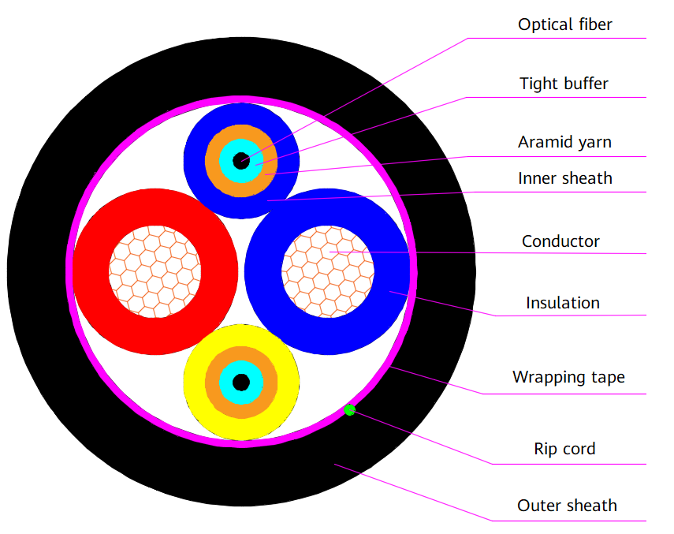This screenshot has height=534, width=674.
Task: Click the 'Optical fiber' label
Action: [x=564, y=24]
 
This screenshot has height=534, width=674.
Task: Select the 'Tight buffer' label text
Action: [x=564, y=83]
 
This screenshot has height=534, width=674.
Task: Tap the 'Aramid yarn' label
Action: [x=564, y=142]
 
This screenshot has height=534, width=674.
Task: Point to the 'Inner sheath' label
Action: [x=564, y=178]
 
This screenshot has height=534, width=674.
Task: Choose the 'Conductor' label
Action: [x=560, y=241]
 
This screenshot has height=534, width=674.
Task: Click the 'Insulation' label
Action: [x=562, y=302]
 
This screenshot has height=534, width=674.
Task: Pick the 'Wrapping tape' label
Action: [x=568, y=377]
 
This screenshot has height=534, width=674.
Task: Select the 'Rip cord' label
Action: [x=564, y=449]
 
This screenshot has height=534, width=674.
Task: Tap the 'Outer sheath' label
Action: [x=567, y=506]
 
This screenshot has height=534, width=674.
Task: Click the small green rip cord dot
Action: [x=350, y=410]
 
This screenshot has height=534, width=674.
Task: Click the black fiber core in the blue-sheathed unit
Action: [x=241, y=160]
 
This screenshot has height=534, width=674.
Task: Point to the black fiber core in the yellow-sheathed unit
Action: [x=241, y=383]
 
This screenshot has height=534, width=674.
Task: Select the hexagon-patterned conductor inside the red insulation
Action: [x=155, y=271]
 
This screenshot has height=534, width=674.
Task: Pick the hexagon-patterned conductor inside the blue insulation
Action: [x=328, y=271]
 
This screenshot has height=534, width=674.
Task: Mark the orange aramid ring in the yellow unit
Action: [x=214, y=383]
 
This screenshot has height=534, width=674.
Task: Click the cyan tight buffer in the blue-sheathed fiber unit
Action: [x=228, y=160]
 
